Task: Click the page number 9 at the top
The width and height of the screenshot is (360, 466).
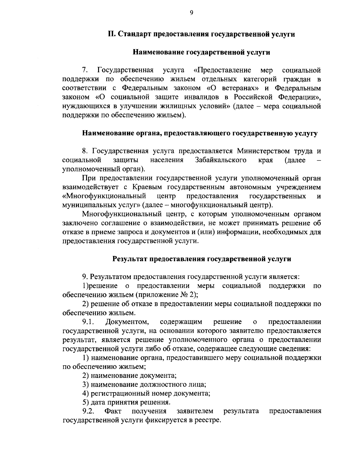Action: point(191,13)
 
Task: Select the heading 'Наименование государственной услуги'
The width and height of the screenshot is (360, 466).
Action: point(201,52)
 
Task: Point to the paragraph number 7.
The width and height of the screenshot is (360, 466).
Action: point(85,71)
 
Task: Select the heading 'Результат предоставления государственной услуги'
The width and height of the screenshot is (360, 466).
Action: point(202,259)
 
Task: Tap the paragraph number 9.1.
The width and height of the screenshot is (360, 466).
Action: point(88,322)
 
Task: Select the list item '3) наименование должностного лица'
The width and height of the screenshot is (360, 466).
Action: point(144,384)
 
